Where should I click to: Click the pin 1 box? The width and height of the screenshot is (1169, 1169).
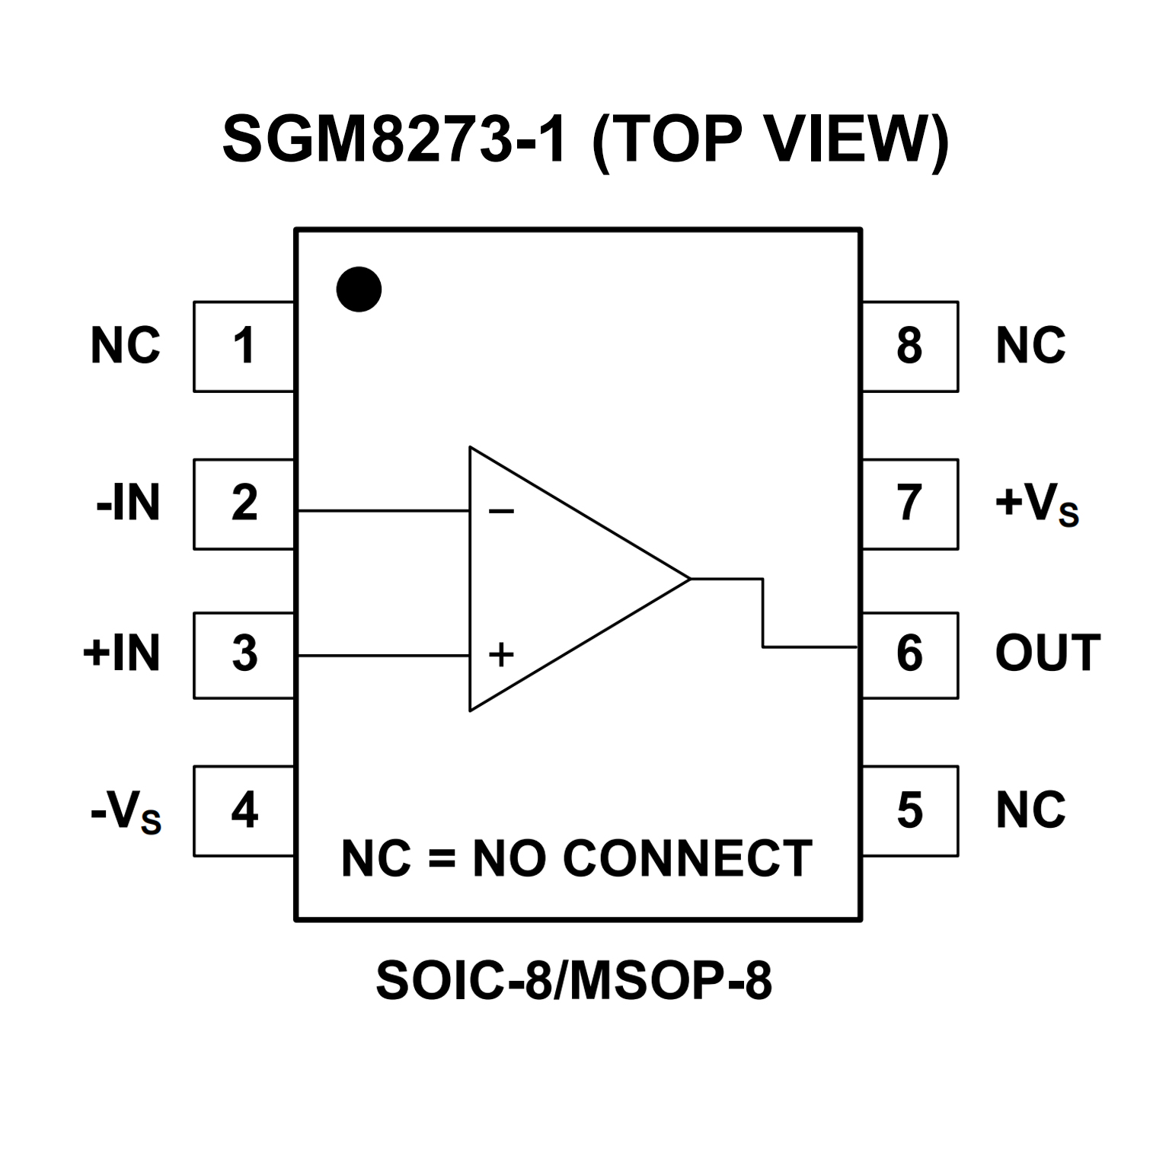244,347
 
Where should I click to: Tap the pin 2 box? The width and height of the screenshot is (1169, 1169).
244,503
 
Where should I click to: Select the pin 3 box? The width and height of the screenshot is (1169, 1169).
244,655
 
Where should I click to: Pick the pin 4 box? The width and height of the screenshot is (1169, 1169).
244,810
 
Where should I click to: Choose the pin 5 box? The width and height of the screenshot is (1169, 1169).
910,810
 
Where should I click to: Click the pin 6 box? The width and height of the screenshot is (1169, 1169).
910,655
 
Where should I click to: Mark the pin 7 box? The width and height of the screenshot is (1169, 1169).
910,503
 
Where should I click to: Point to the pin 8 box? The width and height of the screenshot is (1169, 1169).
910,347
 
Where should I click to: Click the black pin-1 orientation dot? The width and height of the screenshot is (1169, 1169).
359,289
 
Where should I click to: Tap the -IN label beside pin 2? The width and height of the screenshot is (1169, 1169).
129,503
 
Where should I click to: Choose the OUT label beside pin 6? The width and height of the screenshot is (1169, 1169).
1047,653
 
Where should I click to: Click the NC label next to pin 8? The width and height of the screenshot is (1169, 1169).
1030,346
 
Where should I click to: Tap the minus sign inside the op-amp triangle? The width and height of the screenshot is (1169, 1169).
501,511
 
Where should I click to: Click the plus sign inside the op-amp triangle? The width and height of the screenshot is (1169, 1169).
501,654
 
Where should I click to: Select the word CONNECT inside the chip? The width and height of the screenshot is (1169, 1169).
688,859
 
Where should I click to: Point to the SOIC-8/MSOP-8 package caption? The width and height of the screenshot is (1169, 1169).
574,981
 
